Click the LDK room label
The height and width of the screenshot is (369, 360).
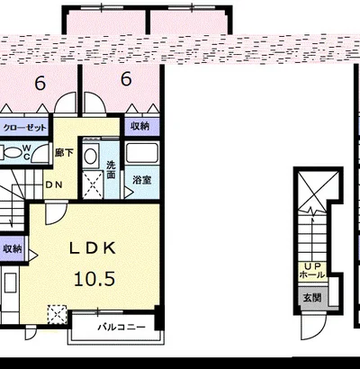point(93,248)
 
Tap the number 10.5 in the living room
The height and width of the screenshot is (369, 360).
point(94,279)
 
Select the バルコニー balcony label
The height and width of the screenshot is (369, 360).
point(121,327)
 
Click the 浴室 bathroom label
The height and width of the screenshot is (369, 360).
point(142,180)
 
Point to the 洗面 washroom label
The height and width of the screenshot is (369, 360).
point(111,169)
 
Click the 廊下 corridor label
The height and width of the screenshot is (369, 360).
point(64,153)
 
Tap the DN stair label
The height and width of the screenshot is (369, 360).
point(54,184)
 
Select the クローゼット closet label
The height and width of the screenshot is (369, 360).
point(25,128)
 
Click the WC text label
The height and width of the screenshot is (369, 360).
point(26,152)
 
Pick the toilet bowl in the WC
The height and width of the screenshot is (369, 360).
point(12,152)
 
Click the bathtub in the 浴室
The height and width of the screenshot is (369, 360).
point(141,153)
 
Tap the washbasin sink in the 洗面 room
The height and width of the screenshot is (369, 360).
point(90,156)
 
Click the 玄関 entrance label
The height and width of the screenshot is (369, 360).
point(312,298)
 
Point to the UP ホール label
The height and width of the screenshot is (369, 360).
point(312,271)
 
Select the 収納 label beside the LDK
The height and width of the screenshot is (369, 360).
point(13,248)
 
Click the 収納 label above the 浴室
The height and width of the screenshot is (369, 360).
point(139,126)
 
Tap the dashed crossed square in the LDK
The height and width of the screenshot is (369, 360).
point(58,314)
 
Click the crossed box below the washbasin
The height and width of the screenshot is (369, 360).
point(93,184)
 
